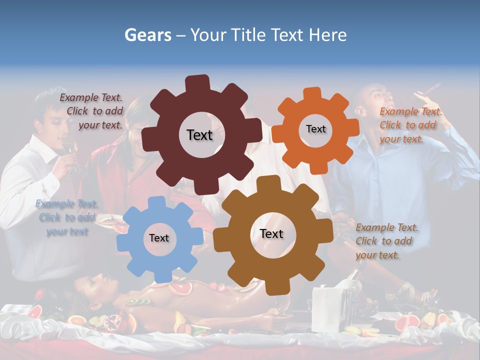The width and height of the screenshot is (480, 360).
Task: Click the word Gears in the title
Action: coord(147,35)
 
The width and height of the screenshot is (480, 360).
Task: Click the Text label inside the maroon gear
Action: coord(199,135)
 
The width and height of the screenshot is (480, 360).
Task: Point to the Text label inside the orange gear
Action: coord(315,129)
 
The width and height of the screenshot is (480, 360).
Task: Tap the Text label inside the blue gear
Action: coord(159,238)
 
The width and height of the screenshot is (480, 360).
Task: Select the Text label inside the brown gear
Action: coord(271,233)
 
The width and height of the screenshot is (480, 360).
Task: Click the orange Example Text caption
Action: coord(410,125)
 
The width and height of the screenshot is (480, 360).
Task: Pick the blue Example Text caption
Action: coord(66,217)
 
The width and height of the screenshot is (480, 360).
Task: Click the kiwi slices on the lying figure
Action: coord(138,301)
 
